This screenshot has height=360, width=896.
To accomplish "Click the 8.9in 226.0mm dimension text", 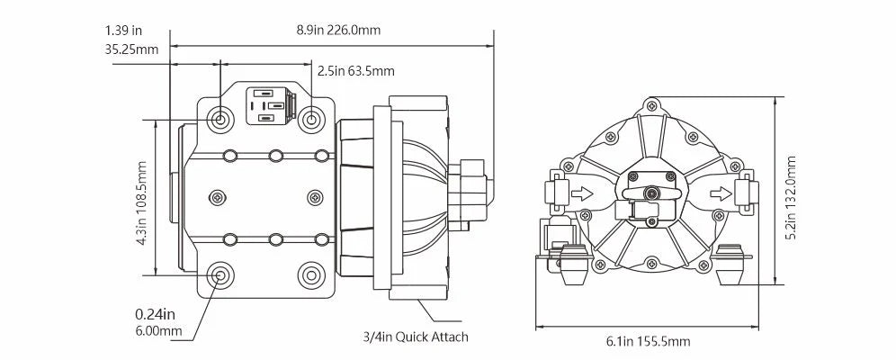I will click(x=338, y=30).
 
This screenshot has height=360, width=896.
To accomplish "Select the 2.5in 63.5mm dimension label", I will click(x=355, y=70).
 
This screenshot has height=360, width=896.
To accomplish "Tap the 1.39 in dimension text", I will click(x=121, y=31).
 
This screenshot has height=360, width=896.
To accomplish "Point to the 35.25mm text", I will click(x=131, y=49).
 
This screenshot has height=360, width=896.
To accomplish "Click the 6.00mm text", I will click(x=158, y=330).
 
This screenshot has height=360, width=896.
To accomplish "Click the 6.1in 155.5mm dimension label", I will click(x=648, y=341).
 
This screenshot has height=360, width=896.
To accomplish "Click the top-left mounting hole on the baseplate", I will click(x=220, y=119).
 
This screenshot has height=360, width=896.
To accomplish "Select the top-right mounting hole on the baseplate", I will click(x=310, y=119).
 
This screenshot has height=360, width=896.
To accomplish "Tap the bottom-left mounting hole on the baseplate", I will click(x=220, y=275).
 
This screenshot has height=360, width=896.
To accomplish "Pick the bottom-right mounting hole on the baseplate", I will click(x=310, y=275).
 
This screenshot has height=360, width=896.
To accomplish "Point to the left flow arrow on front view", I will click(x=582, y=192).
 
